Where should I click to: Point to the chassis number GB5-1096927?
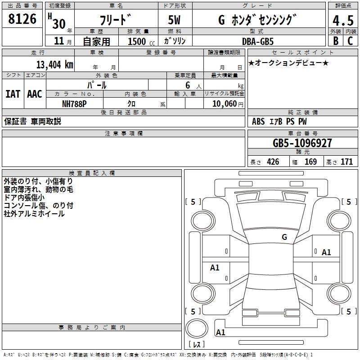(x=302, y=143)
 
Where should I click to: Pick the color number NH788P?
(x=75, y=103)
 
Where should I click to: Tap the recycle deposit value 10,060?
(x=223, y=103)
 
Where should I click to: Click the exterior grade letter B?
(x=335, y=41)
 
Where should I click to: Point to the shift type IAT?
(x=13, y=94)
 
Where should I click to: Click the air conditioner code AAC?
(x=34, y=94)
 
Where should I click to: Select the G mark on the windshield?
(x=284, y=237)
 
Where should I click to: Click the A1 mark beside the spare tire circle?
(x=220, y=333)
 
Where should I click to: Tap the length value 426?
(x=273, y=162)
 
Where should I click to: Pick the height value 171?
(x=346, y=162)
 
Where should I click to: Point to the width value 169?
(x=310, y=162)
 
